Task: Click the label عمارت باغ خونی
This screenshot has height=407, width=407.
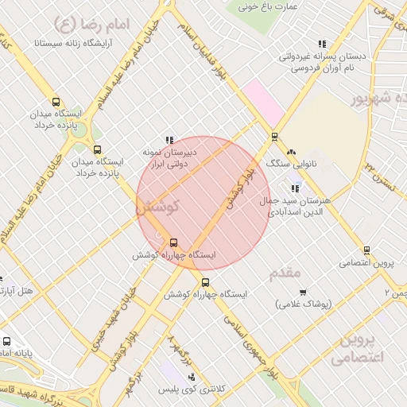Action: tap(271, 6)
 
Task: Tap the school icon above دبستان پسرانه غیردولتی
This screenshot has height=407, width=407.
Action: tap(322, 45)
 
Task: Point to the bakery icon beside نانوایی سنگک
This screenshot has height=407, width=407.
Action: tap(291, 151)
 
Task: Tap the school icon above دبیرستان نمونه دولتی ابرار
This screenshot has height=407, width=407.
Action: tap(169, 139)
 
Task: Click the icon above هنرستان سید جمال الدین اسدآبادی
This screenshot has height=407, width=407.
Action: tap(296, 188)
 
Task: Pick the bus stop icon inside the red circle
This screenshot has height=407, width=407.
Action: tap(174, 242)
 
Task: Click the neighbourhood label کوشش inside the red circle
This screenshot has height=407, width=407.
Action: tap(158, 206)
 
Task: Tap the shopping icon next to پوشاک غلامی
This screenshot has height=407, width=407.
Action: tap(302, 292)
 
